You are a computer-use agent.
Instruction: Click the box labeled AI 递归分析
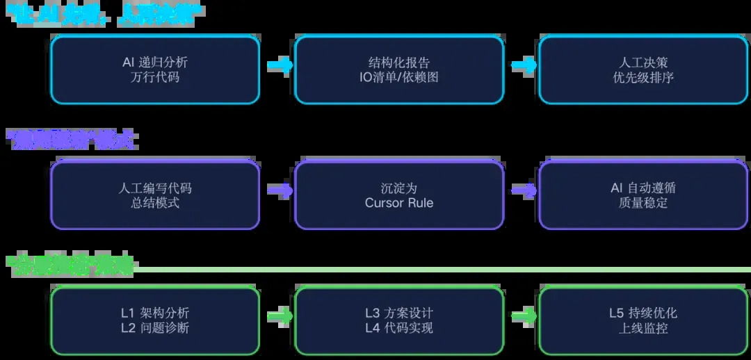pyautogui.click(x=154, y=69)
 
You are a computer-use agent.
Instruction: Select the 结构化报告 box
pyautogui.click(x=399, y=69)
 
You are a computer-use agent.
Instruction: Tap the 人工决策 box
pyautogui.click(x=643, y=69)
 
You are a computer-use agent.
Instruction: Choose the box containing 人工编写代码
pyautogui.click(x=154, y=195)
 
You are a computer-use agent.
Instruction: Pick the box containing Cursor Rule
pyautogui.click(x=399, y=195)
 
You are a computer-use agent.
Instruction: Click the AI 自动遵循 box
pyautogui.click(x=643, y=195)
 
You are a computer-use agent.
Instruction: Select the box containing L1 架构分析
pyautogui.click(x=154, y=320)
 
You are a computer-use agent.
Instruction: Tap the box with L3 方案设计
pyautogui.click(x=399, y=320)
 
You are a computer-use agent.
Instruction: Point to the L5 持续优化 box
pyautogui.click(x=643, y=320)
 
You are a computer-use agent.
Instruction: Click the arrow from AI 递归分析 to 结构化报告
pyautogui.click(x=280, y=65)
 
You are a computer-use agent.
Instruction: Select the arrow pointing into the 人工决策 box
pyautogui.click(x=524, y=65)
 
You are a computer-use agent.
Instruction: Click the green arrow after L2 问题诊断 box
pyautogui.click(x=280, y=316)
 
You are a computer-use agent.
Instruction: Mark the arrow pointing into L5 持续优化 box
pyautogui.click(x=524, y=316)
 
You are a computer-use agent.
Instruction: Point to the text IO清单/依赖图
pyautogui.click(x=399, y=77)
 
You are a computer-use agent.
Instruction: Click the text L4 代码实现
pyautogui.click(x=399, y=328)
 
